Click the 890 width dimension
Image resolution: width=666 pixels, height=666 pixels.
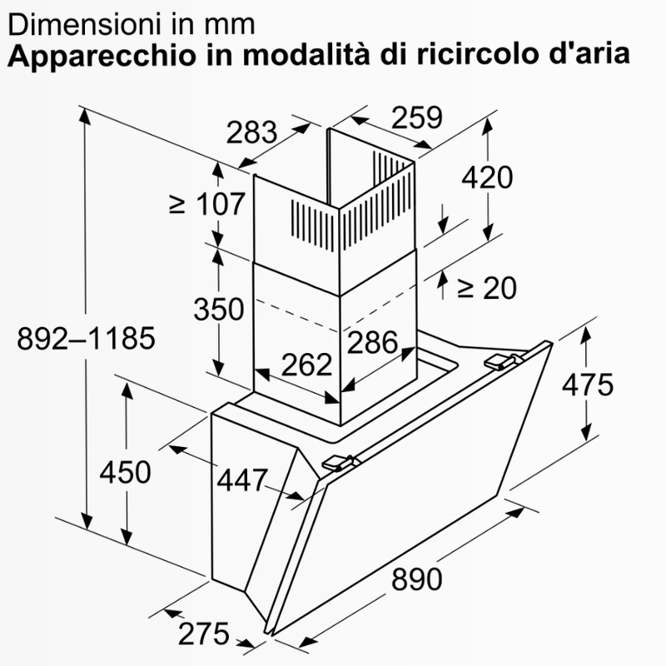coord(416,579)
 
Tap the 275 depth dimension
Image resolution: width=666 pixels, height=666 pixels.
coord(204,634)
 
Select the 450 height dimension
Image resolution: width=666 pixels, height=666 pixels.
coord(126,472)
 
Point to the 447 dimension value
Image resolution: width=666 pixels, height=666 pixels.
coord(242,480)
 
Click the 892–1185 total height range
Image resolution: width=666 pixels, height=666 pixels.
coord(87,339)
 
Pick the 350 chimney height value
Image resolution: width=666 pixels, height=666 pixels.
coord(219,309)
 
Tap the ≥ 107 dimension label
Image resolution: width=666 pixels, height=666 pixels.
coord(206,204)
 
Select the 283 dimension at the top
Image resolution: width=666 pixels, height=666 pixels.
coord(252,132)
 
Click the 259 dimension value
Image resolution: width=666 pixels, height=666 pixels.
coord(417,117)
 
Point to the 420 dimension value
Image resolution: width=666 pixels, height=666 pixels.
coord(487,177)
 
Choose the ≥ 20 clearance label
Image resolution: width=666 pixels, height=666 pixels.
coord(487,288)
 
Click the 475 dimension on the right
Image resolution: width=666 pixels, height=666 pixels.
coord(588,385)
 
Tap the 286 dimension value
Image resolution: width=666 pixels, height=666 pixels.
coord(372,342)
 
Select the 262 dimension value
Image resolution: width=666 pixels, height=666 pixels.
coord(306,365)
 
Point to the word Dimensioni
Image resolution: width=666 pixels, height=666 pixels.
coord(87,25)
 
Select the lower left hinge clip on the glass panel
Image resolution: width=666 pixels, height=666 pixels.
coord(340,463)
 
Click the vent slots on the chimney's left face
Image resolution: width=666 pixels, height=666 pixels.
coord(314,224)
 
